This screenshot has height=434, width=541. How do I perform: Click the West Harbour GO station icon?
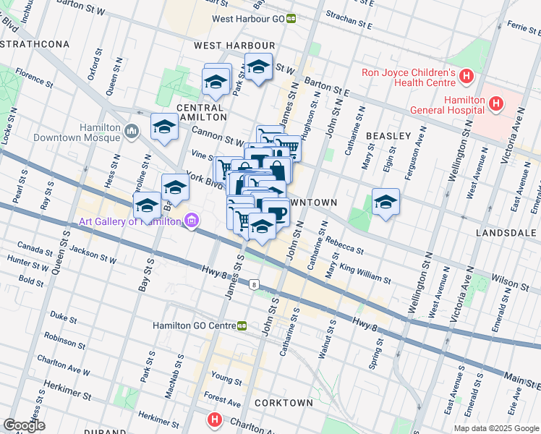coord(291,19)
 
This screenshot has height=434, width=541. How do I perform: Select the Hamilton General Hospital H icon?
coord(495,104)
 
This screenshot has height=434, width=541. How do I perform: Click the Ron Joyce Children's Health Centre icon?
coord(467,75)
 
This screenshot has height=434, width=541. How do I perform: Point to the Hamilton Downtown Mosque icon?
coord(131,131)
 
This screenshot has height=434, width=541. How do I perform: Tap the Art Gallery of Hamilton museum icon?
coord(191,221)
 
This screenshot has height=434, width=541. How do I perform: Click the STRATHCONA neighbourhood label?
coord(35,44)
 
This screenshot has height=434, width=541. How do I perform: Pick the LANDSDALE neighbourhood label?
coord(506,233)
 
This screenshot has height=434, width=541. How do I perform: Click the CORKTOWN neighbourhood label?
coord(284,402)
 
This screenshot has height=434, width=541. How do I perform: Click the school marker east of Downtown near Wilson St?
coord(386,203)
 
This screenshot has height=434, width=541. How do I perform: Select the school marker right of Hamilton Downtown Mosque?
coord(165,127)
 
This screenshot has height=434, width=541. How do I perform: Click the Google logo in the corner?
coord(25,425)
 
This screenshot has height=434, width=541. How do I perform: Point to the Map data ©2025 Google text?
coord(496,428)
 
